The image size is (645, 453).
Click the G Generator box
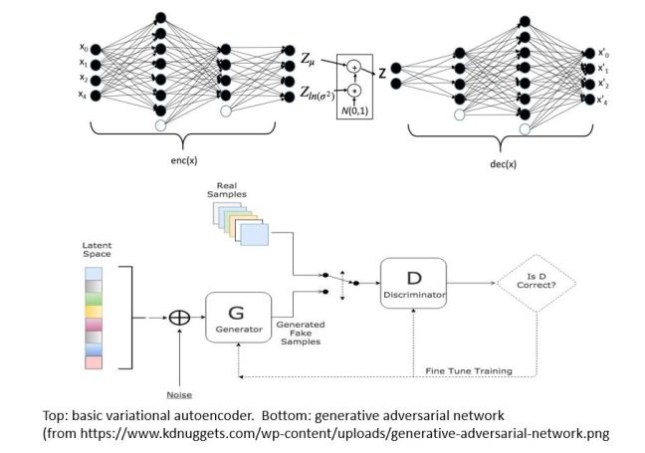click(x=239, y=317)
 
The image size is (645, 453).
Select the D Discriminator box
click(x=413, y=283)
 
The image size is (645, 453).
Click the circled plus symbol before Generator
click(x=180, y=318)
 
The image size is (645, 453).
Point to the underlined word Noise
click(x=179, y=393)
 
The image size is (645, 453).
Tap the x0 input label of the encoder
click(x=84, y=47)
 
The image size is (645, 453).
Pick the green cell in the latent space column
click(x=94, y=298)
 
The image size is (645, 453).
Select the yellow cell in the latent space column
click(x=94, y=312)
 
